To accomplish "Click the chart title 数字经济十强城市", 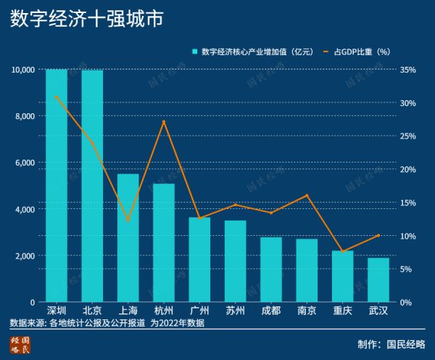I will point(86,20).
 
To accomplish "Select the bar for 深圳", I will point(57,185).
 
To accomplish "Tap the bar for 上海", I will point(128,238).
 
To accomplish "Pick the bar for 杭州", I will point(164,242).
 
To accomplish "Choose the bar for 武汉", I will point(378,279).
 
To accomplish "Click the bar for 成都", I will point(271,269).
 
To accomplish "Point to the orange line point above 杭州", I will point(164,121).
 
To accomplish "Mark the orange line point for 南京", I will point(307,195).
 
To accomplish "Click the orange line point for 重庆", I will point(343,252).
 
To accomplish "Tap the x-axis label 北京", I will point(92,311).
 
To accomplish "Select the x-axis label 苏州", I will point(236,311).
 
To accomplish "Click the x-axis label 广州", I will point(199,311).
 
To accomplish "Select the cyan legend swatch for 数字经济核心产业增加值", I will point(195,52).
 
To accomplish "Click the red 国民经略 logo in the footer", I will point(20,344).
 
